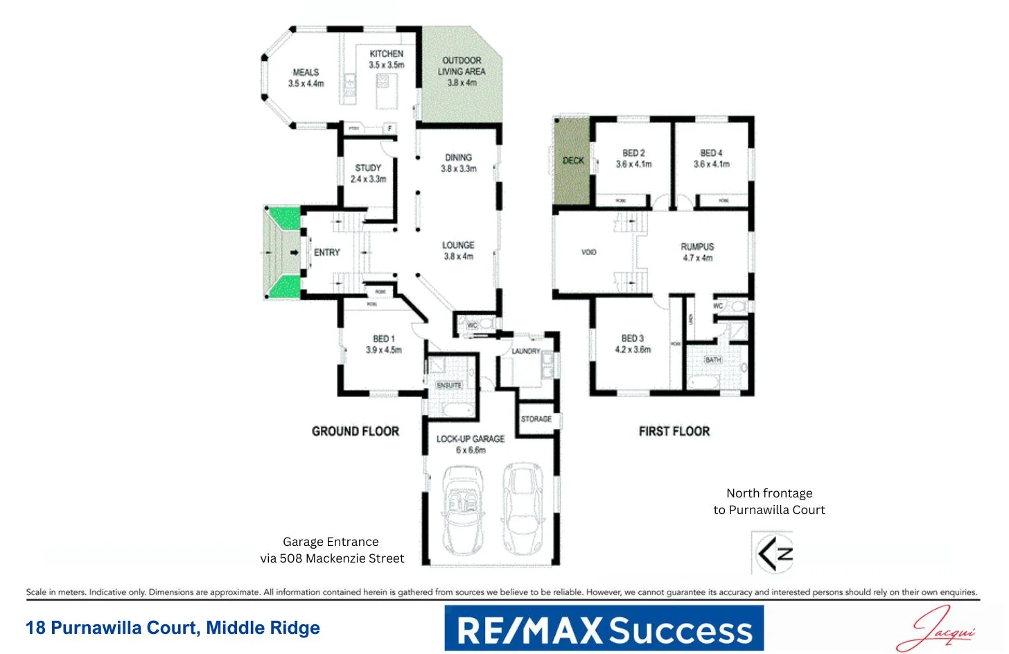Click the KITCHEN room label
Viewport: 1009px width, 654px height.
pos(386,54)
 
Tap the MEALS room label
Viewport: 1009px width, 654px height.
pos(306,72)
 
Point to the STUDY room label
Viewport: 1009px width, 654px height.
pos(368,168)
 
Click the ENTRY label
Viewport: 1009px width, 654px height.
pos(327,252)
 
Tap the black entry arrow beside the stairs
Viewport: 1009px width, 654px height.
pos(295,252)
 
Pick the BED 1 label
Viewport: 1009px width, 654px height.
pos(383,339)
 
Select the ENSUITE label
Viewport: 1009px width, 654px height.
pos(449,385)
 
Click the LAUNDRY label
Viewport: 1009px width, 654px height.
pos(525,351)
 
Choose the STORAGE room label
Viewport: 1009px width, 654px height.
pos(536,419)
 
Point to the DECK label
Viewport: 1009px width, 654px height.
pos(573,161)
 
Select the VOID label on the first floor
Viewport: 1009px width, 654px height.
pos(589,252)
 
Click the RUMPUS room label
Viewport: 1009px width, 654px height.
pos(697,247)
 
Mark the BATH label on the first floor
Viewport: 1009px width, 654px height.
pos(713,360)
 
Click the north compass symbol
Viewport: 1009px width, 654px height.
pos(773,553)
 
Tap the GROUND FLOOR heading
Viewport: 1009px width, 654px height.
pos(356,431)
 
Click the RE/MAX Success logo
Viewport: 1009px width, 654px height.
pos(604,628)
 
